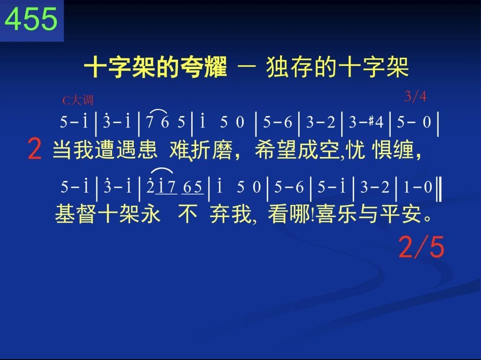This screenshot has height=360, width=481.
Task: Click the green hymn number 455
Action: (31, 19)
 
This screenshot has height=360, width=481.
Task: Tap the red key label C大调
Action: (78, 101)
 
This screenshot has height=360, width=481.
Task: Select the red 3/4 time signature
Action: (415, 96)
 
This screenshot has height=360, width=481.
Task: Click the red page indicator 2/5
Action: (421, 247)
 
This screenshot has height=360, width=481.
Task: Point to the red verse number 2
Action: (34, 149)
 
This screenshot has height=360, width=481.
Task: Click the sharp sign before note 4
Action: (371, 121)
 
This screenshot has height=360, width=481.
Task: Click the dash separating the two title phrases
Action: (247, 67)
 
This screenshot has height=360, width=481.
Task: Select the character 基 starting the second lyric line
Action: (65, 214)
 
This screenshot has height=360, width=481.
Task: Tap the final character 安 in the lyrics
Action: (411, 214)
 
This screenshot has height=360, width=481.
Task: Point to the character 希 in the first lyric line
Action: (265, 150)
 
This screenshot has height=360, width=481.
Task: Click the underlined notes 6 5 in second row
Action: (193, 187)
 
